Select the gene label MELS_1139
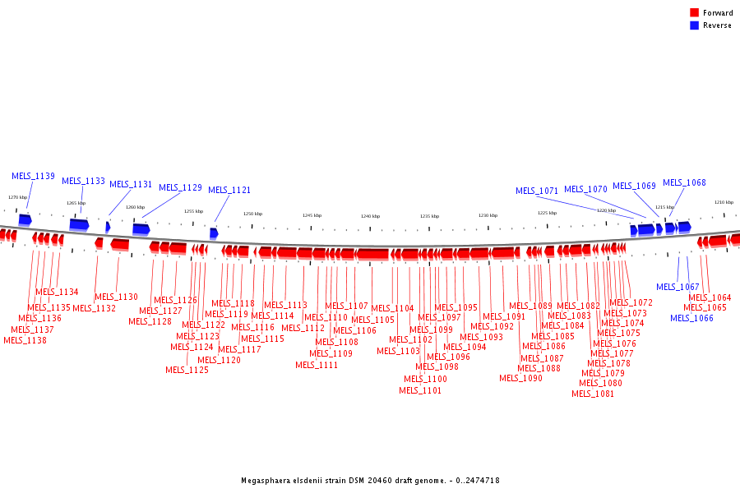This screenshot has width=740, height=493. click(x=33, y=176)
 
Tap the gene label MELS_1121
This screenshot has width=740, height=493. click(x=229, y=190)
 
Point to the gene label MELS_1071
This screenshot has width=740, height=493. click(x=537, y=191)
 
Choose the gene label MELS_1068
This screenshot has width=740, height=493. click(x=684, y=183)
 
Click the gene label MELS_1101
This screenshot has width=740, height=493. click(x=420, y=390)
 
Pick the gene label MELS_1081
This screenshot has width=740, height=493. click(x=593, y=394)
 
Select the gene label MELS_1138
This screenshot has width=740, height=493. click(x=25, y=340)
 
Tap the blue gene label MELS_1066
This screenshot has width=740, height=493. click(x=691, y=318)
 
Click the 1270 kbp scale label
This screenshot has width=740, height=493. click(x=17, y=197)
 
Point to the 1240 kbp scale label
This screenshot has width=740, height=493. click(x=370, y=216)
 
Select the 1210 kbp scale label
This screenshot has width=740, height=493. click(x=724, y=202)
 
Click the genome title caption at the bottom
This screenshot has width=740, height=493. click(x=370, y=480)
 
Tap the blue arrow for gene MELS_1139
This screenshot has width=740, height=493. click(x=25, y=219)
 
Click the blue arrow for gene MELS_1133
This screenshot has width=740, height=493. click(x=79, y=224)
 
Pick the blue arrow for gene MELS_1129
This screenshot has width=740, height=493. click(x=141, y=229)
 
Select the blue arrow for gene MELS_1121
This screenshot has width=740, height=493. click(x=214, y=233)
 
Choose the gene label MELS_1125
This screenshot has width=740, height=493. click(x=187, y=370)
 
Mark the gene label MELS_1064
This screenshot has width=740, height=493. click(x=710, y=297)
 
